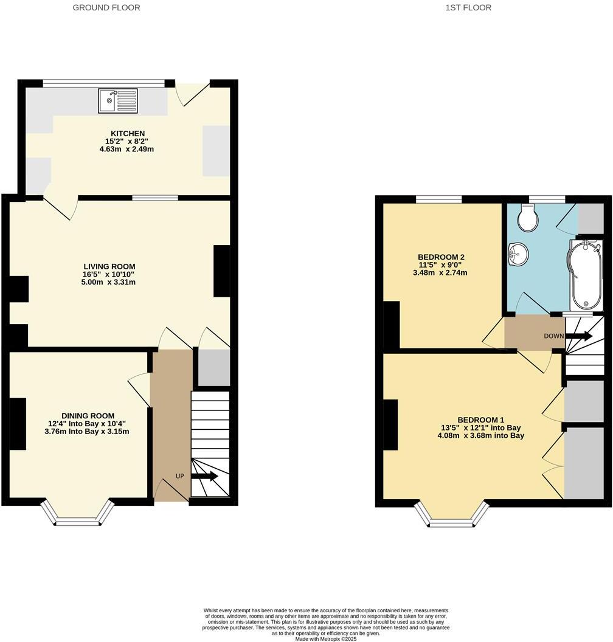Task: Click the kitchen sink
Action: [118, 100]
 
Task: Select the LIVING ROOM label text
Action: [109, 266]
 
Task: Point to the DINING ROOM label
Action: [78, 416]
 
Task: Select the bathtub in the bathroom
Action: [584, 274]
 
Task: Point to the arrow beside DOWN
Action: [578, 336]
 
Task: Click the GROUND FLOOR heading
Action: [106, 8]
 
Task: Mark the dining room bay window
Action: [77, 517]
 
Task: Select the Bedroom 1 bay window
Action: [452, 517]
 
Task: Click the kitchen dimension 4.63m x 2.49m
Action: [126, 149]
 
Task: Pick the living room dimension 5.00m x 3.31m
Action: [109, 282]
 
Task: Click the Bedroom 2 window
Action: [438, 199]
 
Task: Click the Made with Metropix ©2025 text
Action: [326, 639]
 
